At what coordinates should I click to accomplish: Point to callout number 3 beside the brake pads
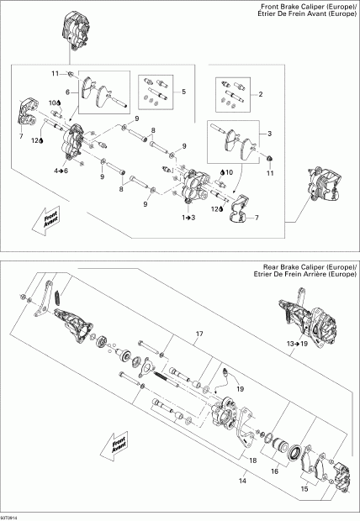(x=268, y=133)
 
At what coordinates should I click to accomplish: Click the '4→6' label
(x=61, y=171)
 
